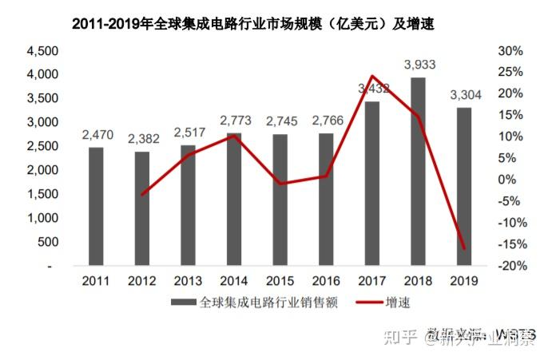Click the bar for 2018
pos(418,171)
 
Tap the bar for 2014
pos(233,199)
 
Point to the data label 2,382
pos(142,139)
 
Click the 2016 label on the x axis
pos(326,280)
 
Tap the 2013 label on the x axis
pos(189,280)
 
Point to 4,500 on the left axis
pos(42,51)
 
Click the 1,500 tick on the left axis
pos(42,194)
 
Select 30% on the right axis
pos(510,51)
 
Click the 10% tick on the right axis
pos(510,136)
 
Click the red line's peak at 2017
pos(372,77)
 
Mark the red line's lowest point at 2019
pos(464,248)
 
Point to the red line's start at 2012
pos(142,195)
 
